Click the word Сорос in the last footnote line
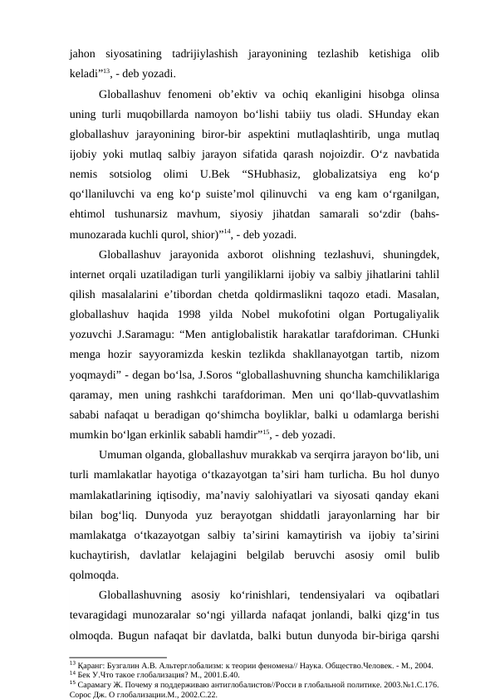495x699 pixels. tap(81, 695)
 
